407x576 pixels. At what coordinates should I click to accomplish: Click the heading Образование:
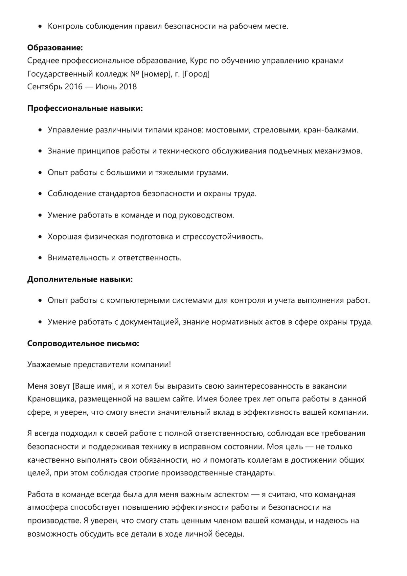click(x=55, y=48)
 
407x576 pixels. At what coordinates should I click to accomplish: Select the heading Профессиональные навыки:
click(x=85, y=108)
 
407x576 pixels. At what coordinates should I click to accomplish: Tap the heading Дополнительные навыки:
click(x=80, y=280)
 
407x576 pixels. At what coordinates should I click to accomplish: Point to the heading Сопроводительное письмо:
click(x=83, y=344)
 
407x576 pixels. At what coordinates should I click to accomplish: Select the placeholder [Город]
click(x=196, y=74)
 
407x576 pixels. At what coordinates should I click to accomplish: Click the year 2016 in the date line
click(x=74, y=87)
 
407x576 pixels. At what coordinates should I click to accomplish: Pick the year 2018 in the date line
click(x=128, y=87)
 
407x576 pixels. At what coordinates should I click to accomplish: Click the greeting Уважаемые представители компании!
click(x=99, y=365)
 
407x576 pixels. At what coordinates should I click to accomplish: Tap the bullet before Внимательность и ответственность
click(x=40, y=258)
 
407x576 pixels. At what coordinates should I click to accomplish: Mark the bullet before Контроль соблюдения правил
click(x=40, y=27)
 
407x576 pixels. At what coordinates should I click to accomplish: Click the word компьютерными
click(x=138, y=301)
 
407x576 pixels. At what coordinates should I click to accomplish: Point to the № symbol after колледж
click(x=135, y=74)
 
